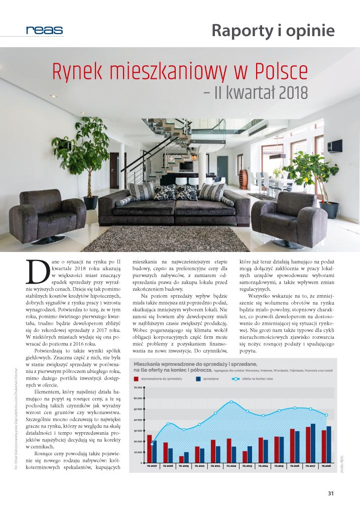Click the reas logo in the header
pos(45,30)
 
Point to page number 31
pos(331,493)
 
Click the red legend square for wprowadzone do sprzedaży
pos(136,379)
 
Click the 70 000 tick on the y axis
pos(138,388)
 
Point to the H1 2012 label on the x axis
pos(231,466)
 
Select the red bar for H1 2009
pos(181,459)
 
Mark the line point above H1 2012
pos(231,402)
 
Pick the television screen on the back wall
pos(186,166)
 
